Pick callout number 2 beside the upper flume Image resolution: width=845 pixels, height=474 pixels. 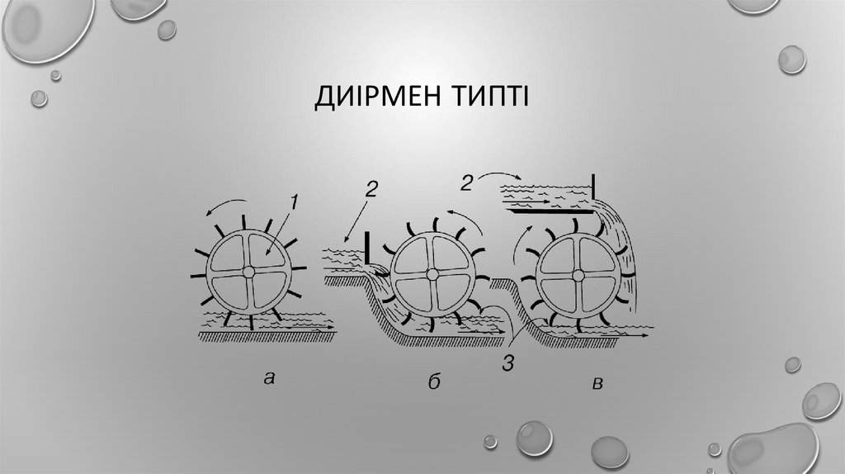coord(466,183)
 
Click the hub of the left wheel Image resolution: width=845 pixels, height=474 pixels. coord(248,271)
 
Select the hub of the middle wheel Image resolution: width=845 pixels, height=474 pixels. coord(433,273)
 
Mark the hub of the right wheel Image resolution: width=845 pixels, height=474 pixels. coord(578,273)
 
